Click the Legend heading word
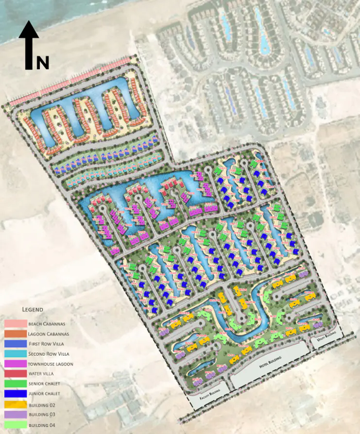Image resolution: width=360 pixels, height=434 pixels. (33, 309)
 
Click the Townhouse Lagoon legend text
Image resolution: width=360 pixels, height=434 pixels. (51, 363)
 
